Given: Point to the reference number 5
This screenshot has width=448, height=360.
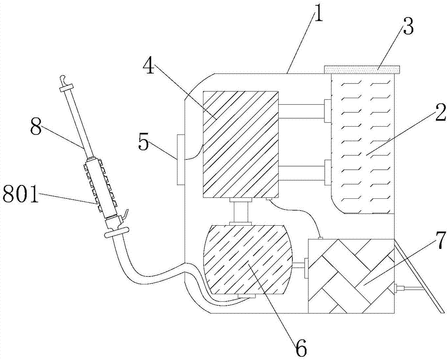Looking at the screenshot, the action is (143, 143).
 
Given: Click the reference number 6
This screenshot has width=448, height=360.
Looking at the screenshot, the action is (301, 347).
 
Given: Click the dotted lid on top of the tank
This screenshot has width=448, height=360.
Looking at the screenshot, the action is (362, 69).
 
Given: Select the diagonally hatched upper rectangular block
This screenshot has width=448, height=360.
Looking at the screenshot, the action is (240, 144).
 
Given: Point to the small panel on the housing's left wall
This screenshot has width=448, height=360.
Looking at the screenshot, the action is (181, 160).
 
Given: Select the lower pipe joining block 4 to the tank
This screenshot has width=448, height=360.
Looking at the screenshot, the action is (302, 173).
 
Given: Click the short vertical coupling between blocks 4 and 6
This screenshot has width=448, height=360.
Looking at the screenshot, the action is (240, 211).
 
